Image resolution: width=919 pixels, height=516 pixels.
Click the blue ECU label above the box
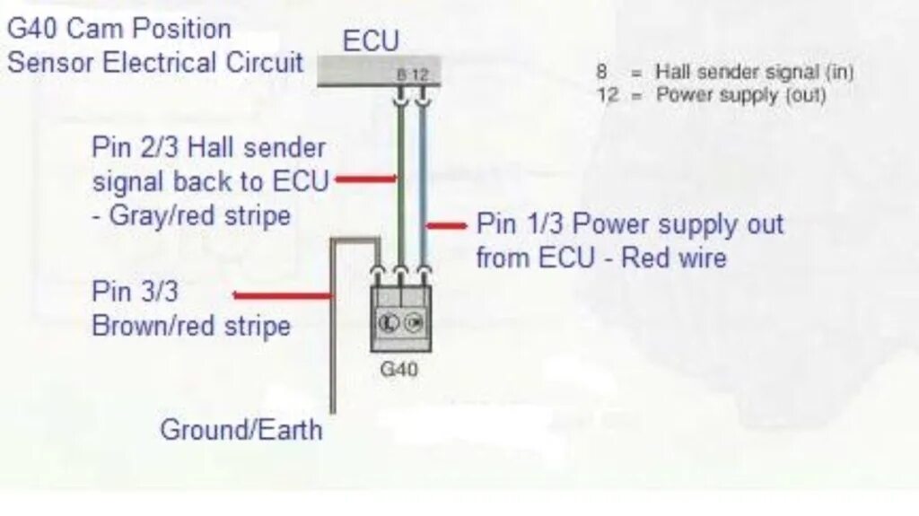pyautogui.click(x=371, y=41)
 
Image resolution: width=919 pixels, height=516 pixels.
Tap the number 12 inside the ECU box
pyautogui.click(x=420, y=75)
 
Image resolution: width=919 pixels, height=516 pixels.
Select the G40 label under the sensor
pyautogui.click(x=399, y=368)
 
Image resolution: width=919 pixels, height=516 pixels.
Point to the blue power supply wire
pyautogui.click(x=422, y=179)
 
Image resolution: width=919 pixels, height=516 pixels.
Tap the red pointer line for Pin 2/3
pyautogui.click(x=366, y=179)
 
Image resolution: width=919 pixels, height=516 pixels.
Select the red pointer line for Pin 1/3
pyautogui.click(x=445, y=225)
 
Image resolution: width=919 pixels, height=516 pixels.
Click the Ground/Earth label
pyautogui.click(x=241, y=429)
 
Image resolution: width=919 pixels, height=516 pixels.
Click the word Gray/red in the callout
pyautogui.click(x=153, y=215)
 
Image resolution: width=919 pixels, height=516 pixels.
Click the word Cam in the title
pyautogui.click(x=97, y=29)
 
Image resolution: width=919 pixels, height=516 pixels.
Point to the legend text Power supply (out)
pyautogui.click(x=741, y=95)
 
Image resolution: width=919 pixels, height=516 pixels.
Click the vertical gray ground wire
pyautogui.click(x=333, y=341)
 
